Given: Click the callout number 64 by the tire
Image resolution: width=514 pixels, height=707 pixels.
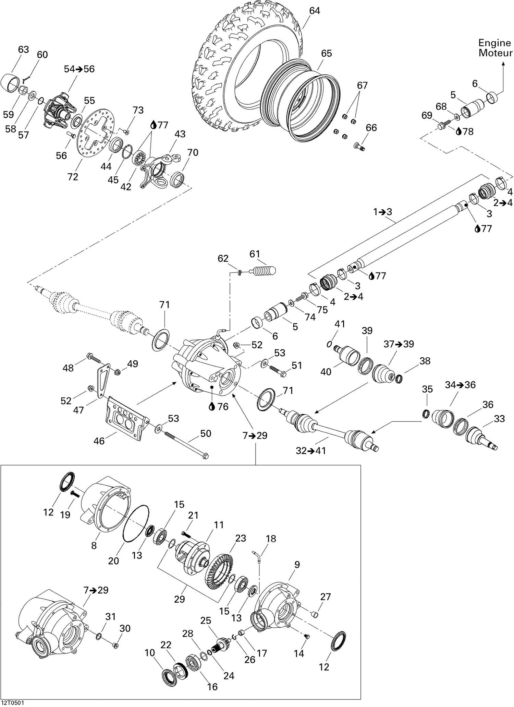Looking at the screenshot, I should (314, 11).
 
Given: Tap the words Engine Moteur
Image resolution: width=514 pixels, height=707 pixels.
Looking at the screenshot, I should (495, 48).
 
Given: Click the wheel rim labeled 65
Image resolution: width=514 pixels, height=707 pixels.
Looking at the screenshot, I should (302, 100).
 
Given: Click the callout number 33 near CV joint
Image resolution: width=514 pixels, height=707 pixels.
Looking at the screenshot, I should (499, 419).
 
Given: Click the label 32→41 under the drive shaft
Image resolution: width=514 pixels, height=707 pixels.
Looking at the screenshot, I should (310, 451).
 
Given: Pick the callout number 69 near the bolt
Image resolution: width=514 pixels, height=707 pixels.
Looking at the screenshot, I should (427, 116).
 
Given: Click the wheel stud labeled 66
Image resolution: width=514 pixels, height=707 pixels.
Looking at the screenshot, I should (359, 147).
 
